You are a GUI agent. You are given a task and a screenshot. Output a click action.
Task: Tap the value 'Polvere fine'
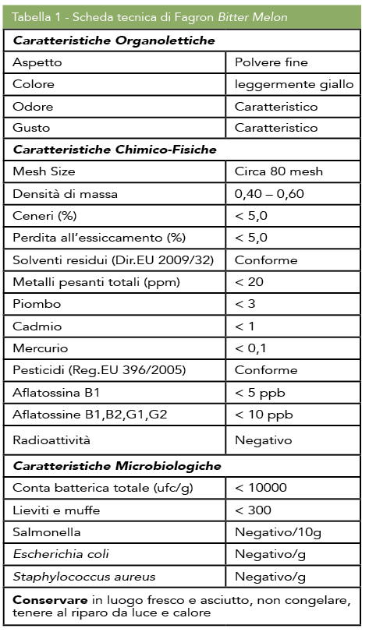271,62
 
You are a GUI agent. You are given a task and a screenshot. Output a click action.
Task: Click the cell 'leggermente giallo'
294,84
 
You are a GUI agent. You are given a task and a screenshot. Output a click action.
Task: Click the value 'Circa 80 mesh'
279,171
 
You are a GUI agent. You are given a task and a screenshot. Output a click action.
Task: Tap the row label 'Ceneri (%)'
44,214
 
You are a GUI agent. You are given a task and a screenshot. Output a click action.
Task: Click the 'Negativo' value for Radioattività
264,440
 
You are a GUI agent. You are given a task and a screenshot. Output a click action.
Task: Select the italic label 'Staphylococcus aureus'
77,577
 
